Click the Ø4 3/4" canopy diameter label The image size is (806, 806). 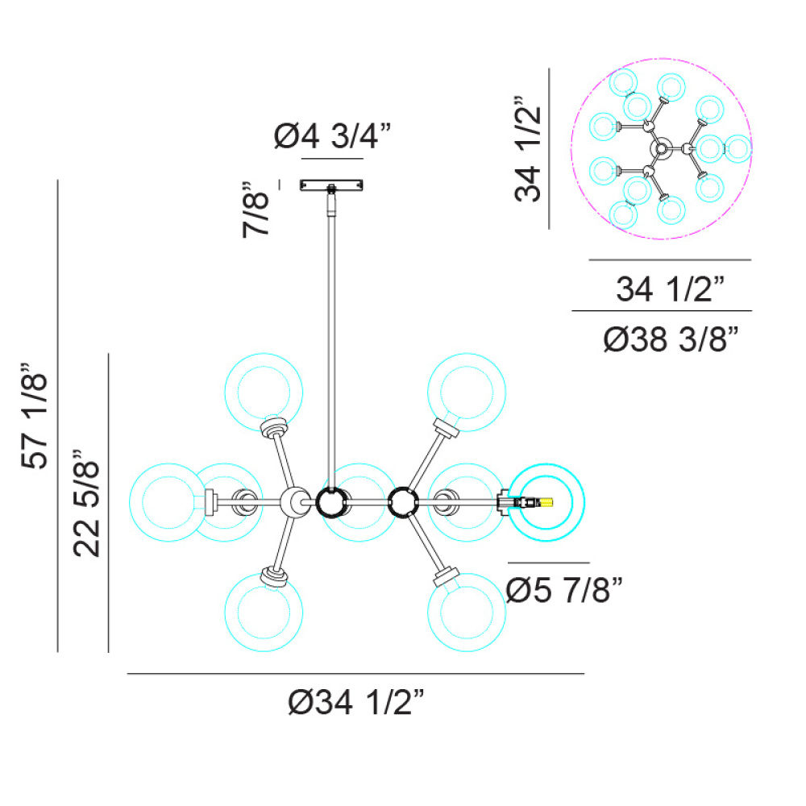pos(332,136)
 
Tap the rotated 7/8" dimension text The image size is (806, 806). pos(256,210)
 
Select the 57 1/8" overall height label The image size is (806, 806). pos(34,415)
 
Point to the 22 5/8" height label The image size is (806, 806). pos(86,503)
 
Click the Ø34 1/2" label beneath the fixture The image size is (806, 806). pos(356,702)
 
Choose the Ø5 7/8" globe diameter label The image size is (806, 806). pos(564,590)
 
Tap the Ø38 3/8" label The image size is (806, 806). pos(671,339)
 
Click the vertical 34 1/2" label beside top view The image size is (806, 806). pos(528,148)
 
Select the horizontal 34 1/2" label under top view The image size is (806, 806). pos(671,289)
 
